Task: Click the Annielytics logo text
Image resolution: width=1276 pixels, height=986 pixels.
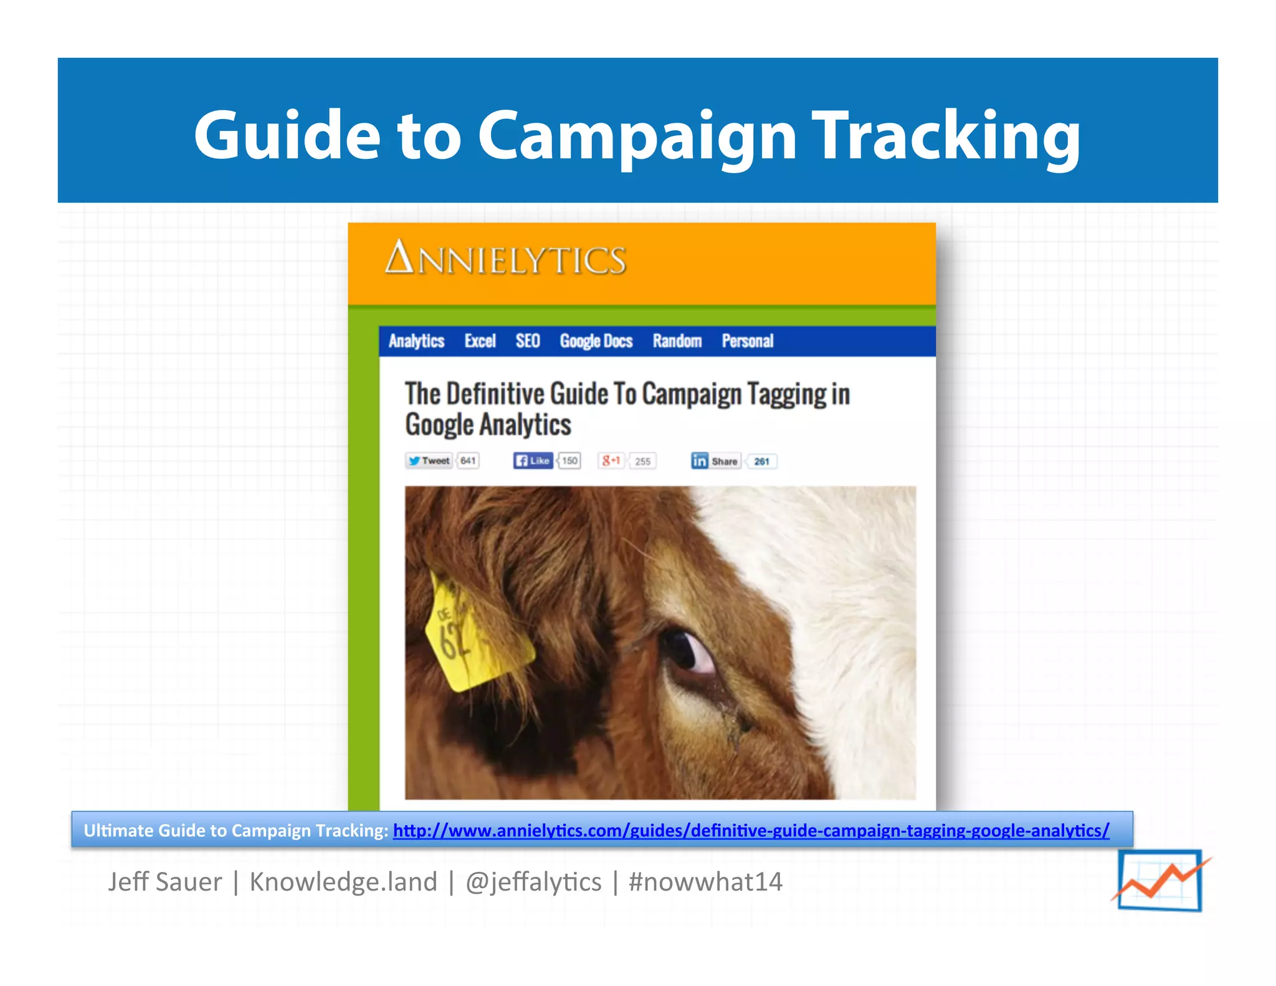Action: [505, 259]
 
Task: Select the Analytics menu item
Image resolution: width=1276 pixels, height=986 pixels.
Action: [416, 341]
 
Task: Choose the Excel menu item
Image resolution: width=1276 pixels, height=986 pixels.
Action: [480, 341]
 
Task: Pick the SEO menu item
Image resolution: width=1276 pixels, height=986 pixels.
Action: [527, 341]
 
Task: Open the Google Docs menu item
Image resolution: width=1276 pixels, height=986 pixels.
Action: [596, 341]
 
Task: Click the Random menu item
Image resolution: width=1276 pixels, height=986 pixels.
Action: [677, 341]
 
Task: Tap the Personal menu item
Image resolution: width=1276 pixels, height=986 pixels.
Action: [747, 341]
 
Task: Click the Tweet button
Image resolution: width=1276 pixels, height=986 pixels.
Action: [429, 461]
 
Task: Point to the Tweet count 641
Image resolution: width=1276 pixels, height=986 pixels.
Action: [468, 461]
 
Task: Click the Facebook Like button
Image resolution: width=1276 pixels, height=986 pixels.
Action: [533, 461]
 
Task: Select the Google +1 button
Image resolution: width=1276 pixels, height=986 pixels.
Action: [611, 461]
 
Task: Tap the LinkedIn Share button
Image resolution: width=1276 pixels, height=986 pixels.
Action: [716, 461]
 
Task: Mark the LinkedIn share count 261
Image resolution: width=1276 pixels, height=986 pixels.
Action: [761, 461]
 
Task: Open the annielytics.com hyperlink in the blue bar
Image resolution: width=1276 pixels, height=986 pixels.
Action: [751, 830]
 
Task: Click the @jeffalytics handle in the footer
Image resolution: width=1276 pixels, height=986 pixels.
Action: [533, 882]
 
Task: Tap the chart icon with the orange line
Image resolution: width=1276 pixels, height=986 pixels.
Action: [1160, 881]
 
